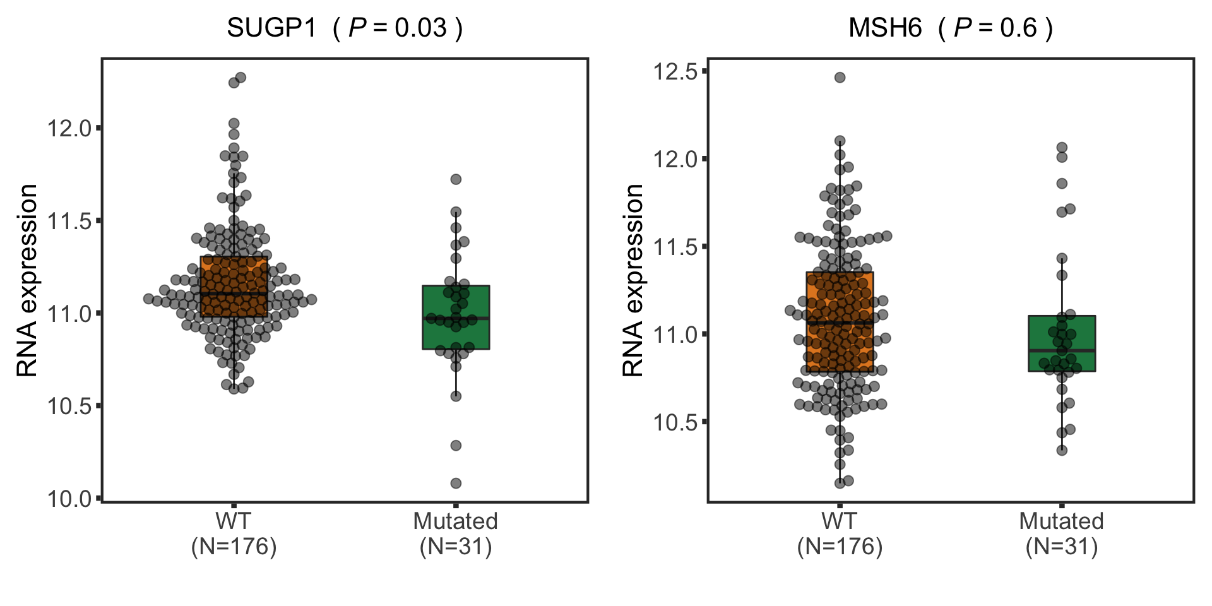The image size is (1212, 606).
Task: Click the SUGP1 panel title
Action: [345, 28]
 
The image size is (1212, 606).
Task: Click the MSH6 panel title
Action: [950, 28]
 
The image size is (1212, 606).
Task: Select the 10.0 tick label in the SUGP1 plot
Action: [69, 499]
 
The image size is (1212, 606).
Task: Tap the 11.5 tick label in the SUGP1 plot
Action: [69, 221]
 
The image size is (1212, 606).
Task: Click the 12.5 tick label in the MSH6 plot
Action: [675, 71]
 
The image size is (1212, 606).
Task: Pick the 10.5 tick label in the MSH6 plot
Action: [675, 422]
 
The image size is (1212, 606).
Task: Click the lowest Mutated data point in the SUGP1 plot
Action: [456, 483]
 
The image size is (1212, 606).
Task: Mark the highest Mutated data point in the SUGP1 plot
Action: [456, 179]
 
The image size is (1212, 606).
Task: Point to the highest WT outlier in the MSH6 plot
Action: [840, 78]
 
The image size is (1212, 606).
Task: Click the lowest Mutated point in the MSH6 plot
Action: [1062, 450]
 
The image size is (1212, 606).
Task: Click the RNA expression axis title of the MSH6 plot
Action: [633, 281]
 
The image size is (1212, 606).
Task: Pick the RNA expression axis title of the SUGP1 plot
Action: [27, 281]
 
